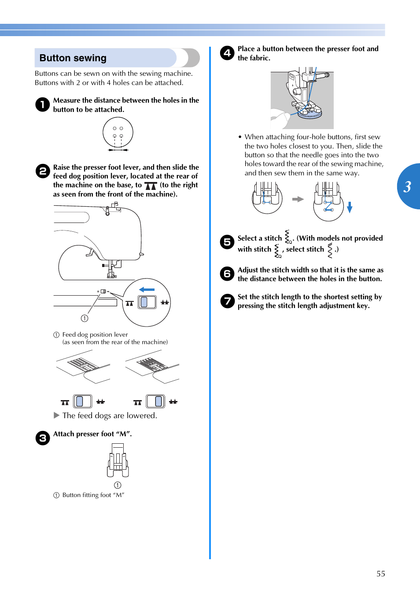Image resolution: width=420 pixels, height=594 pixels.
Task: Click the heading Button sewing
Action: click(73, 58)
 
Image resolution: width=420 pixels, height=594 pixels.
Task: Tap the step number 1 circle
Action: click(42, 104)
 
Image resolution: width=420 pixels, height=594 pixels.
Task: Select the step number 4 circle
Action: click(227, 53)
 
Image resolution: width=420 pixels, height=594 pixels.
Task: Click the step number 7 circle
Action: click(227, 301)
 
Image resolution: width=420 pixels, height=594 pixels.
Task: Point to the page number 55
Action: click(380, 574)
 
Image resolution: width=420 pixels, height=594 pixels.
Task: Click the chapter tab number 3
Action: click(408, 186)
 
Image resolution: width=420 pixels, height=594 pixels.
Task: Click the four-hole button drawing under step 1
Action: click(118, 132)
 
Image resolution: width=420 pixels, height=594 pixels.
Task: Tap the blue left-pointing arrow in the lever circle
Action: click(147, 290)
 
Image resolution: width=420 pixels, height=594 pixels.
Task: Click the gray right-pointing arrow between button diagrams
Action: click(298, 199)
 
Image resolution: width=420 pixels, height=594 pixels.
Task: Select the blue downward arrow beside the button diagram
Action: click(350, 207)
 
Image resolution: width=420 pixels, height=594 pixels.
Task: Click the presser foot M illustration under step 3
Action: click(118, 460)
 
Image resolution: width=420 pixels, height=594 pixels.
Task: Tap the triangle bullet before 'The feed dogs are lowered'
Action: click(56, 415)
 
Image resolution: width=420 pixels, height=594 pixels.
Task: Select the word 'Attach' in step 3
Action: click(63, 434)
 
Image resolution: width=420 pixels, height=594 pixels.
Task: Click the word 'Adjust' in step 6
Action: click(247, 270)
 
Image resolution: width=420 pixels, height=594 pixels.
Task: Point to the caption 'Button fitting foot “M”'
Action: click(93, 495)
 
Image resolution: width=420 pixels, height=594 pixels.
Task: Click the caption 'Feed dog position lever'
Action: click(95, 335)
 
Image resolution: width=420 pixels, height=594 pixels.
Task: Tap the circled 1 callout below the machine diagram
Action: click(85, 318)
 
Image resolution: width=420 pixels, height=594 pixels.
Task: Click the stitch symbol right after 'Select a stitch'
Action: click(288, 237)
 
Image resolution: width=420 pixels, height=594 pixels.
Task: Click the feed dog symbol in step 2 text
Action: click(151, 186)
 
